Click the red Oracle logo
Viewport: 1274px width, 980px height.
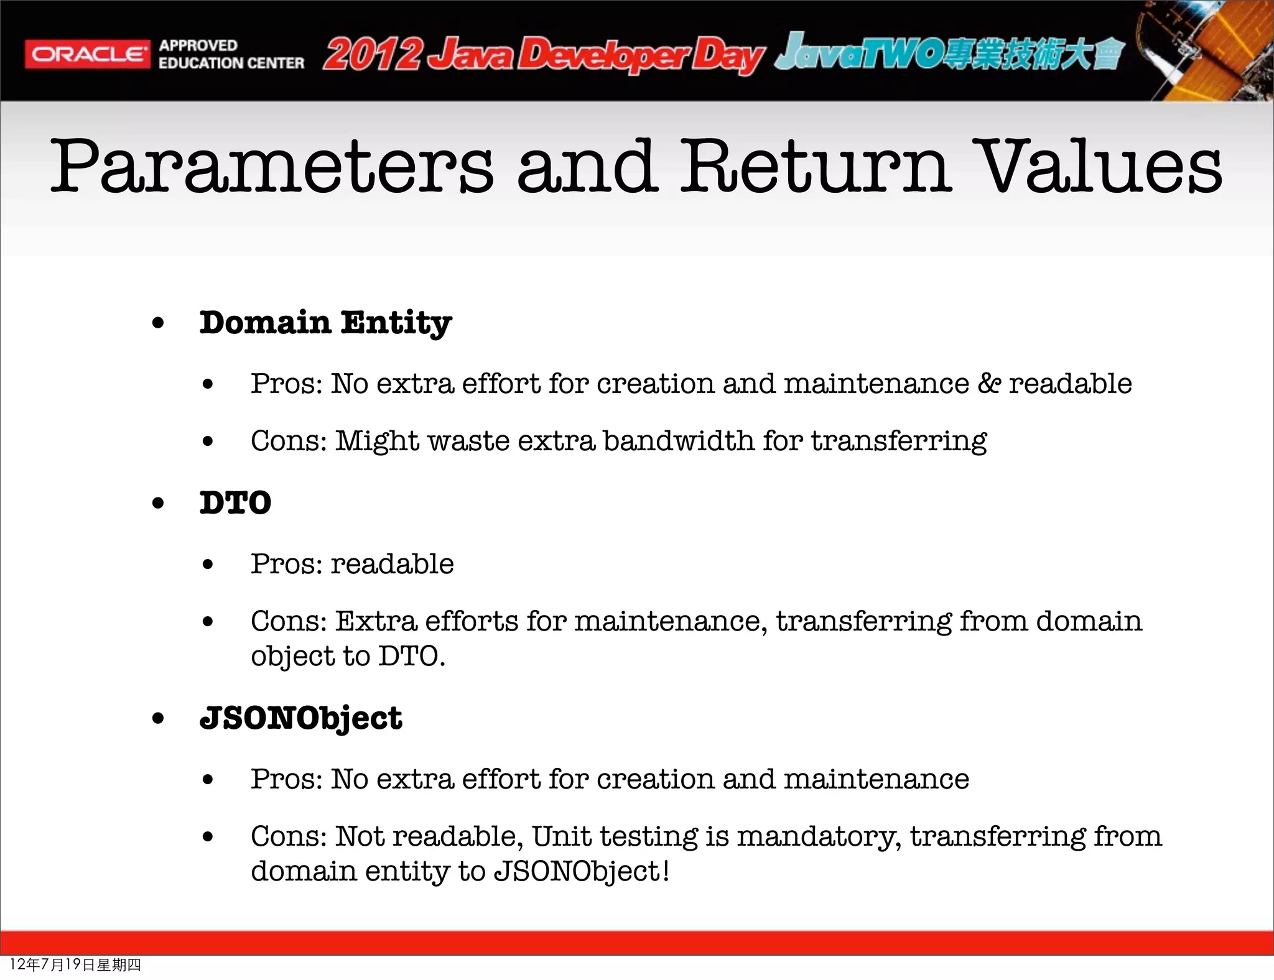tap(87, 55)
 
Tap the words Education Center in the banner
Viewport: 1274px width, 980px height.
tap(231, 63)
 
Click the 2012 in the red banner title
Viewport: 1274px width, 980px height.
tap(372, 55)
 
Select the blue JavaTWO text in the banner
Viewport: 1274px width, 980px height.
tap(858, 53)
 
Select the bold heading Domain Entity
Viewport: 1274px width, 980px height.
tap(325, 323)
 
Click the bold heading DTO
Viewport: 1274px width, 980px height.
tap(235, 503)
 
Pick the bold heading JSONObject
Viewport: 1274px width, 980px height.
tap(300, 718)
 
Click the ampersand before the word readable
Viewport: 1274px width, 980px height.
tap(988, 384)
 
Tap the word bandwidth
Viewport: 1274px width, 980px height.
tap(678, 441)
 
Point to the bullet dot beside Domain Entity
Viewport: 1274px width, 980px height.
tap(159, 323)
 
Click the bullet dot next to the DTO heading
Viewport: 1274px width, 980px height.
tap(159, 503)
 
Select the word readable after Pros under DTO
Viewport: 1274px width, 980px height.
tap(392, 564)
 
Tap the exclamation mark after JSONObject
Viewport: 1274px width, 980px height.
tap(666, 871)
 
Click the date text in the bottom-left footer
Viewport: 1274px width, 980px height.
tap(75, 964)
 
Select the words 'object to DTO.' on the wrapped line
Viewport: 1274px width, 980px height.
tap(348, 657)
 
